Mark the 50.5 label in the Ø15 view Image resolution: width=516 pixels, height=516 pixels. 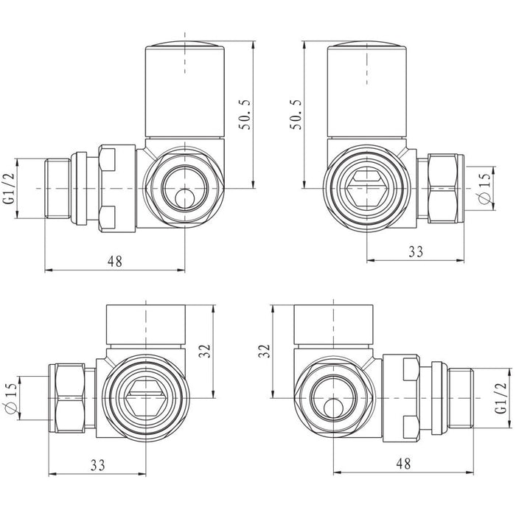click(297, 111)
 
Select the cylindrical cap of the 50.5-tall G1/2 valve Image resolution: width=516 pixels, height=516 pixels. click(182, 89)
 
